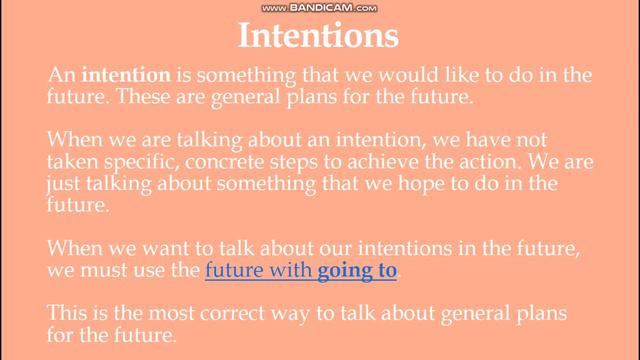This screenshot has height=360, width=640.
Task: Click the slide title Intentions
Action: tap(319, 37)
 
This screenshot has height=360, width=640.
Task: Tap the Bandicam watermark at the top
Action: tap(320, 7)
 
